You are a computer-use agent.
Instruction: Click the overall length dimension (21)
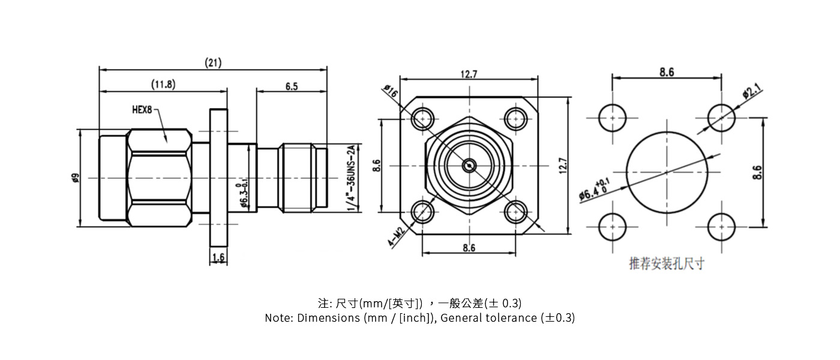pos(213,62)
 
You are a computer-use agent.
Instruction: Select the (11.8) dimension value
pos(163,85)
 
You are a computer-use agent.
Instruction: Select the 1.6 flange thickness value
pos(218,257)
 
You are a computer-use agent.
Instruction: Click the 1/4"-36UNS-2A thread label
pos(351,178)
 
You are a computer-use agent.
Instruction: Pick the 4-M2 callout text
pos(396,237)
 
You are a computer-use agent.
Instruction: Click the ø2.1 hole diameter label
pos(751,92)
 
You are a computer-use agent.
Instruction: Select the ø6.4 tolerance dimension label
pos(595,190)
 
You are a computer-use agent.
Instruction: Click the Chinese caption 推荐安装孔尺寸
pos(666,263)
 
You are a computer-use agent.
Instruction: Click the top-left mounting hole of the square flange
pos(424,119)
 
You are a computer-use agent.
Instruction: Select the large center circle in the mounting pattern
pos(666,172)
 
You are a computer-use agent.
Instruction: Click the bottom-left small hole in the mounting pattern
pos(613,227)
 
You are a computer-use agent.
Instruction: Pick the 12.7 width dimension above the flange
pos(469,74)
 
